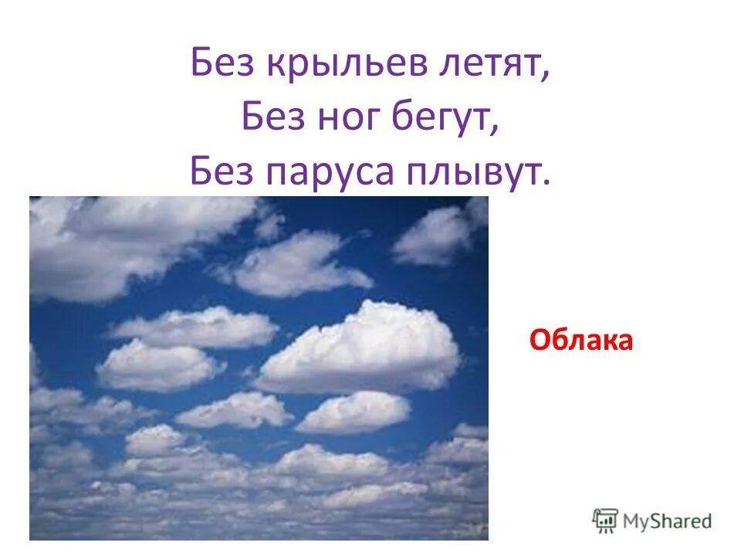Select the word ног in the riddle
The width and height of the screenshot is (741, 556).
point(342,118)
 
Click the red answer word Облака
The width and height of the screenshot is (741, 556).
point(581,340)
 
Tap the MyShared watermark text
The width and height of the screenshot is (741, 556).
point(668,520)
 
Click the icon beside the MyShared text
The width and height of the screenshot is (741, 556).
point(605,520)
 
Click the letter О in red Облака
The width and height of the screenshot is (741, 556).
point(537,340)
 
